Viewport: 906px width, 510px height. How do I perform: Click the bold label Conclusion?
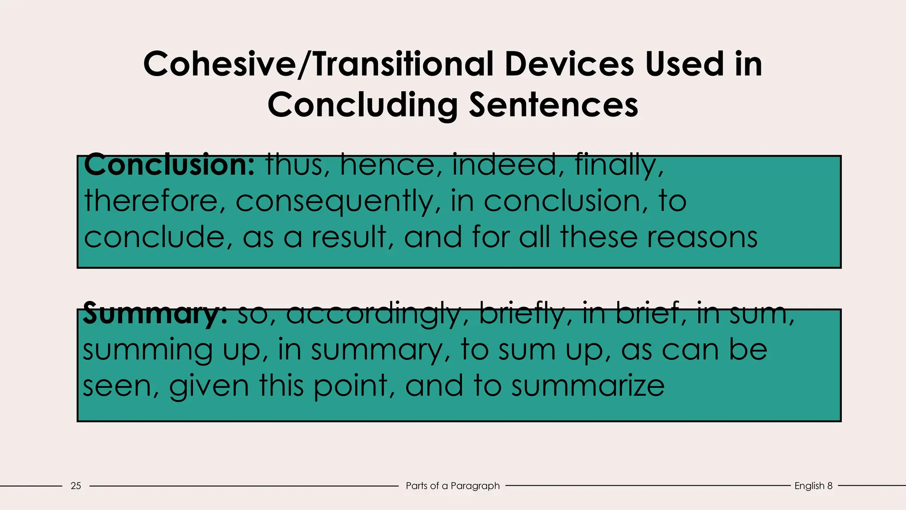[x=169, y=165]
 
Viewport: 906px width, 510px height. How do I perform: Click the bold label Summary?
[x=155, y=313]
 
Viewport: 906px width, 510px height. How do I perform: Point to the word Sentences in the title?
[x=553, y=105]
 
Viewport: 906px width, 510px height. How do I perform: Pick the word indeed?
[x=503, y=165]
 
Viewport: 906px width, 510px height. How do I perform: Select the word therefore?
[x=150, y=201]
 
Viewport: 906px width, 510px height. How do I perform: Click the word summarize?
[x=588, y=386]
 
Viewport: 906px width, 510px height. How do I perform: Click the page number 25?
[x=76, y=486]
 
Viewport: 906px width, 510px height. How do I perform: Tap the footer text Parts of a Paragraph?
[x=453, y=486]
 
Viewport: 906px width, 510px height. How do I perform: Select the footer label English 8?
[x=813, y=486]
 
